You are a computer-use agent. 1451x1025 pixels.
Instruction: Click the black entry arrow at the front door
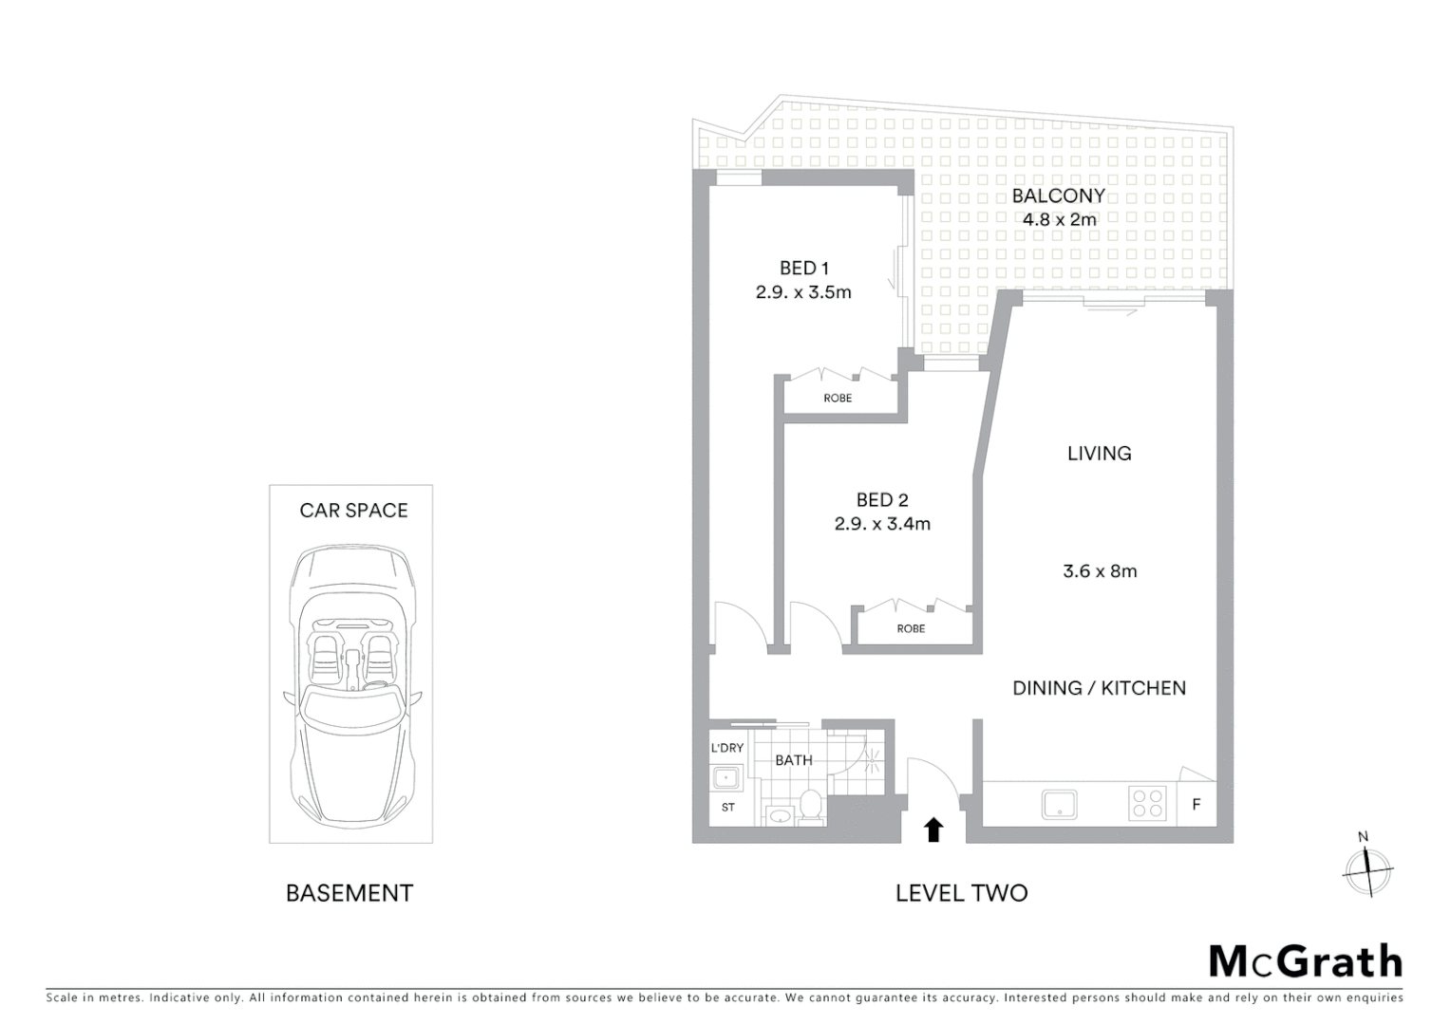coord(933,829)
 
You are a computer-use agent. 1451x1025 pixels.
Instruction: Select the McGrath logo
coord(1305,961)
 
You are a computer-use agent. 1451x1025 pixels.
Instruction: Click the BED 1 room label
coord(803,269)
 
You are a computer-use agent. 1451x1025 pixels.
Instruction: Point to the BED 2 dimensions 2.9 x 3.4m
coord(882,524)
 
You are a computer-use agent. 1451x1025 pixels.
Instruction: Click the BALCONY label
coord(1058,196)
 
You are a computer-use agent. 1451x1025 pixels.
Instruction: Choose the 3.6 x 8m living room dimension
coord(1100,571)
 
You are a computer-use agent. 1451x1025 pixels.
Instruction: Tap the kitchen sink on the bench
coord(1059,804)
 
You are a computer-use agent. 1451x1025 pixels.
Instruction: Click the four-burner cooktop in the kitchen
coord(1147,804)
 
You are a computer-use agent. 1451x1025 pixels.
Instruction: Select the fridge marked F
coord(1197,805)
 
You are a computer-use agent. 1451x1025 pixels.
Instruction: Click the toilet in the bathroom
coord(811,806)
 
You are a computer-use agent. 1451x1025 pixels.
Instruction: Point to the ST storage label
coord(728,808)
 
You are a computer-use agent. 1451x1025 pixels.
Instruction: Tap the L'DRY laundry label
coord(727,748)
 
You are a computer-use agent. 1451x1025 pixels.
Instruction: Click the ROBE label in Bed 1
coord(838,399)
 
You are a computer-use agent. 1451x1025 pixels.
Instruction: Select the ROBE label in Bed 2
coord(911,629)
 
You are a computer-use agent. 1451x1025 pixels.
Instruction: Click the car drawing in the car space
coord(351,683)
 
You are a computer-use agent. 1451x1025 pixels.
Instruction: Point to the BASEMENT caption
coord(349,893)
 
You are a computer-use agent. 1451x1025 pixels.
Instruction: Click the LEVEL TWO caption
coord(961,893)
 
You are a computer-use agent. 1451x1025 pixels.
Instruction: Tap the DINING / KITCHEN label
coord(1099,688)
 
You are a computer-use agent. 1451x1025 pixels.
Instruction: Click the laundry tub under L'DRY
coord(727,779)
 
